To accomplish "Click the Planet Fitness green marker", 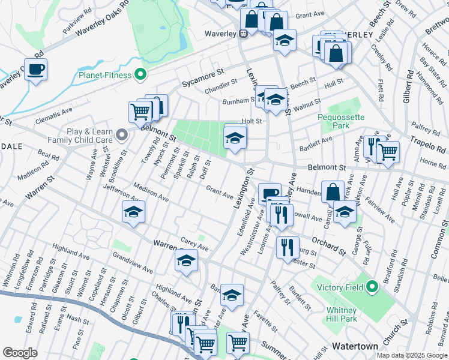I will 140,75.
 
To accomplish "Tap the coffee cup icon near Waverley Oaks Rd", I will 35,68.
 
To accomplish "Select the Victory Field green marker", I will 372,287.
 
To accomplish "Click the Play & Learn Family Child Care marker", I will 122,134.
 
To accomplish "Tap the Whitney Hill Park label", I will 342,314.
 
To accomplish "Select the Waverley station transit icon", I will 243,34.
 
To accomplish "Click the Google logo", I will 20,353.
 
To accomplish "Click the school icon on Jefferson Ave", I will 134,211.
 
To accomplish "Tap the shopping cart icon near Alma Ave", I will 388,152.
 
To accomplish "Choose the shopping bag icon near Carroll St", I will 333,192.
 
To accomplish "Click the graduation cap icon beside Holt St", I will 235,138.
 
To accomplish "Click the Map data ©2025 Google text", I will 411,355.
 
